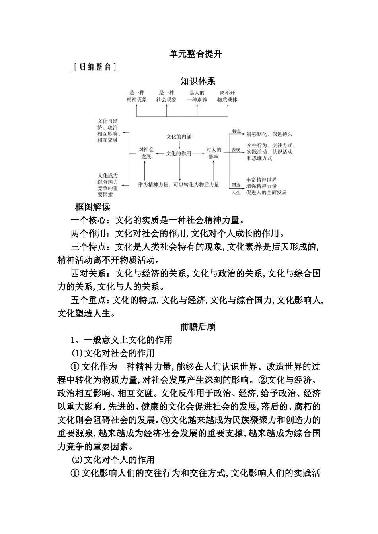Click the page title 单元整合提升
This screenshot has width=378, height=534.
pos(195,54)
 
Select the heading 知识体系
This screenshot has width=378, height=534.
pos(197,81)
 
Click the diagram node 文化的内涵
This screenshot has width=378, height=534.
pos(179,137)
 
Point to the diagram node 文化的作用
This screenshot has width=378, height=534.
pos(179,153)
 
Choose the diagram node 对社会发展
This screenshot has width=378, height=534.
pos(146,153)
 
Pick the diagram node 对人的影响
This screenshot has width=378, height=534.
pos(214,153)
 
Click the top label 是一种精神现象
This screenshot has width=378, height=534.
pos(136,96)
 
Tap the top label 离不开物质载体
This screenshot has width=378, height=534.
pos(227,96)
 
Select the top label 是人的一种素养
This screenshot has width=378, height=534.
pos(197,96)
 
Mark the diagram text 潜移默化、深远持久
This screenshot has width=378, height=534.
pos(269,134)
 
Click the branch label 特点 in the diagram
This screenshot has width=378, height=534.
pos(236,131)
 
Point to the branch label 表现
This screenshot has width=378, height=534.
pos(236,150)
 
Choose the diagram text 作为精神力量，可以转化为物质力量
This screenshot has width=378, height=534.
pos(178,185)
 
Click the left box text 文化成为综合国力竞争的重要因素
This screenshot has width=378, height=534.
pos(108,185)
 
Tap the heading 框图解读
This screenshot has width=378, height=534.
pos(93,207)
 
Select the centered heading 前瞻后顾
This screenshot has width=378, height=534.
pos(198,327)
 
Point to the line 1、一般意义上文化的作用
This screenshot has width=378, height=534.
pos(121,340)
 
